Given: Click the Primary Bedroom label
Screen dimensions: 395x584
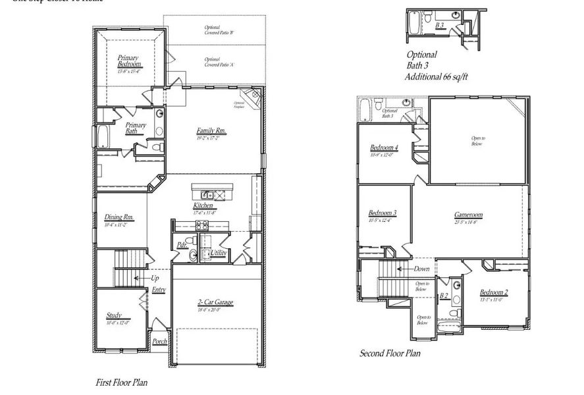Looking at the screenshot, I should pos(129,61).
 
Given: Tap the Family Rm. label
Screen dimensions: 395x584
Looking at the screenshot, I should pos(211,131).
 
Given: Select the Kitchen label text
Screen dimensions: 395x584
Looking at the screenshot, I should pos(203,206).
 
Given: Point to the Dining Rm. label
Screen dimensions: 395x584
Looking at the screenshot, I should pos(119,217).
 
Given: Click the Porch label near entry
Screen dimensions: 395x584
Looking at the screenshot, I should pos(159,341).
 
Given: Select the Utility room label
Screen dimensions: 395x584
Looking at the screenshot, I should pos(219,253).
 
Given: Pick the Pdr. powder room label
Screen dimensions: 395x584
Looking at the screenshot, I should pos(182,246).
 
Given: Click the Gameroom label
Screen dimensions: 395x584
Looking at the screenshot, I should pos(468,215).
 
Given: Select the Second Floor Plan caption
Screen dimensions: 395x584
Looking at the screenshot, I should pos(390,354).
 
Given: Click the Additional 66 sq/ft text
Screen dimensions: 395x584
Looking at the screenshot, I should pos(436,77).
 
